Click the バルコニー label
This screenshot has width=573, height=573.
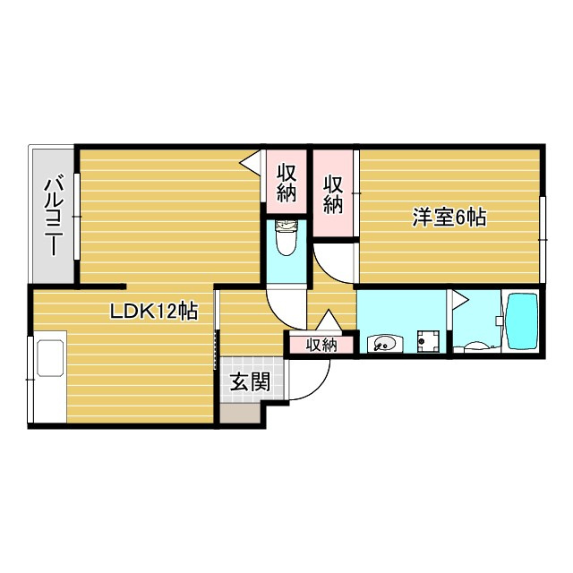pyautogui.click(x=54, y=216)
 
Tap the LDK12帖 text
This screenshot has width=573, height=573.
pyautogui.click(x=154, y=312)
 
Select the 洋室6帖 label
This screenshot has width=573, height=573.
pyautogui.click(x=449, y=217)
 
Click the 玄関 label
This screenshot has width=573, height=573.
pyautogui.click(x=250, y=381)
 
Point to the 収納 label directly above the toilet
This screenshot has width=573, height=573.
pyautogui.click(x=286, y=183)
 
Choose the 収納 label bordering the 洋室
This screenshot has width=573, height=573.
pyautogui.click(x=333, y=194)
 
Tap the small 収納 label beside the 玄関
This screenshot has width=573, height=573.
pyautogui.click(x=321, y=345)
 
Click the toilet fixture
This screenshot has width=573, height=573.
pyautogui.click(x=286, y=237)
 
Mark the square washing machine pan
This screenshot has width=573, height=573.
pyautogui.click(x=428, y=341)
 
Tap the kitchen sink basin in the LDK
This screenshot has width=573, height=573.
pyautogui.click(x=50, y=358)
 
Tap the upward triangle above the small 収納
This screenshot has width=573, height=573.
pyautogui.click(x=329, y=321)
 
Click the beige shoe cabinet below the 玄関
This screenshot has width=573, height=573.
pyautogui.click(x=240, y=414)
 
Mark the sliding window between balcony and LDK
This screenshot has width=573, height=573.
pyautogui.click(x=77, y=217)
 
